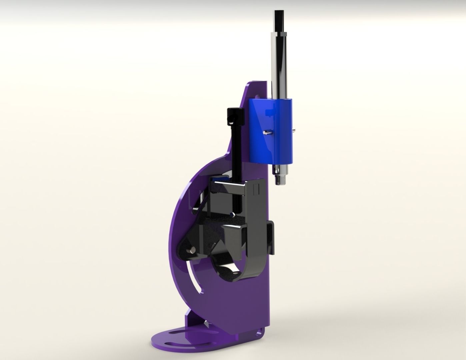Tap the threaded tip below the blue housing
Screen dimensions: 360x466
point(278,181)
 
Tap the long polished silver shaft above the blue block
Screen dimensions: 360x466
point(280,67)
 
